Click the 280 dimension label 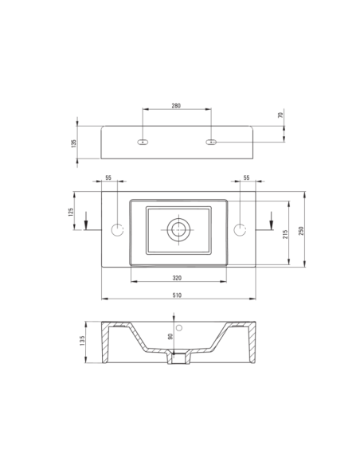[176, 106]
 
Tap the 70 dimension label [281, 115]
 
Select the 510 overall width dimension [177, 295]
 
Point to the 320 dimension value [177, 278]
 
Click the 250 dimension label [301, 230]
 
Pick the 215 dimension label [285, 234]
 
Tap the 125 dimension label [71, 212]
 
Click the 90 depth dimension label [170, 336]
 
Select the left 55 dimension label [108, 178]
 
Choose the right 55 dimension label [246, 178]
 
